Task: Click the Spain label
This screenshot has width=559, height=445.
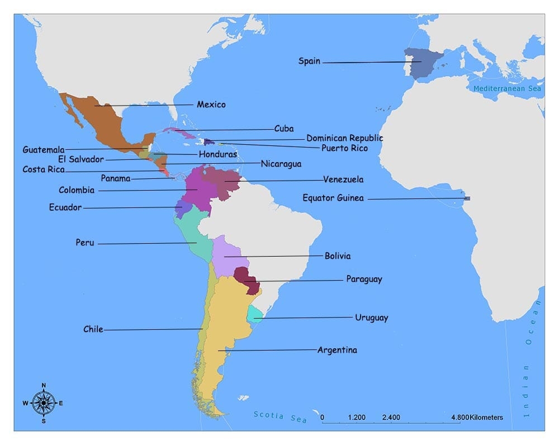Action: [309, 61]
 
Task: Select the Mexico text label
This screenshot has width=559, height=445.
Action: [211, 105]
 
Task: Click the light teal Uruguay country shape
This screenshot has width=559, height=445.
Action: [255, 315]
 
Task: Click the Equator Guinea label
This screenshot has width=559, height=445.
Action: [333, 198]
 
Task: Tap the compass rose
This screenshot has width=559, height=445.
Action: [43, 403]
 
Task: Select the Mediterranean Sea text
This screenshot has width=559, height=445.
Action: [507, 89]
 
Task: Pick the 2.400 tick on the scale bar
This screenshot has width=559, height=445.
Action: [391, 418]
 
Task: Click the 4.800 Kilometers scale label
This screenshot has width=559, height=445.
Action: [476, 418]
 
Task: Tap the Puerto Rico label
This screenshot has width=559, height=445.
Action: [344, 148]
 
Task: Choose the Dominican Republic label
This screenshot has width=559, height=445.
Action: [344, 138]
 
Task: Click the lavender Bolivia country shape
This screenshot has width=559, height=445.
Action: [226, 254]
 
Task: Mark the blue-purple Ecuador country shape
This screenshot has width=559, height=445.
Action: [183, 208]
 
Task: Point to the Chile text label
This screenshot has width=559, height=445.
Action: [93, 329]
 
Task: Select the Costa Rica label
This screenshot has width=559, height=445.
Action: [43, 169]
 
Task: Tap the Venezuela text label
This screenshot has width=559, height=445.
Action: [343, 179]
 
